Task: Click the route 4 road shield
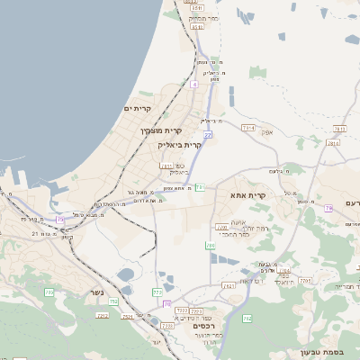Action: click(x=193, y=83)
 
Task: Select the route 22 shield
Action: click(x=207, y=134)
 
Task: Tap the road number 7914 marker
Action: click(x=248, y=129)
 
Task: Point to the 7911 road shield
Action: click(x=166, y=166)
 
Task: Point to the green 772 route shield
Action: click(x=158, y=292)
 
